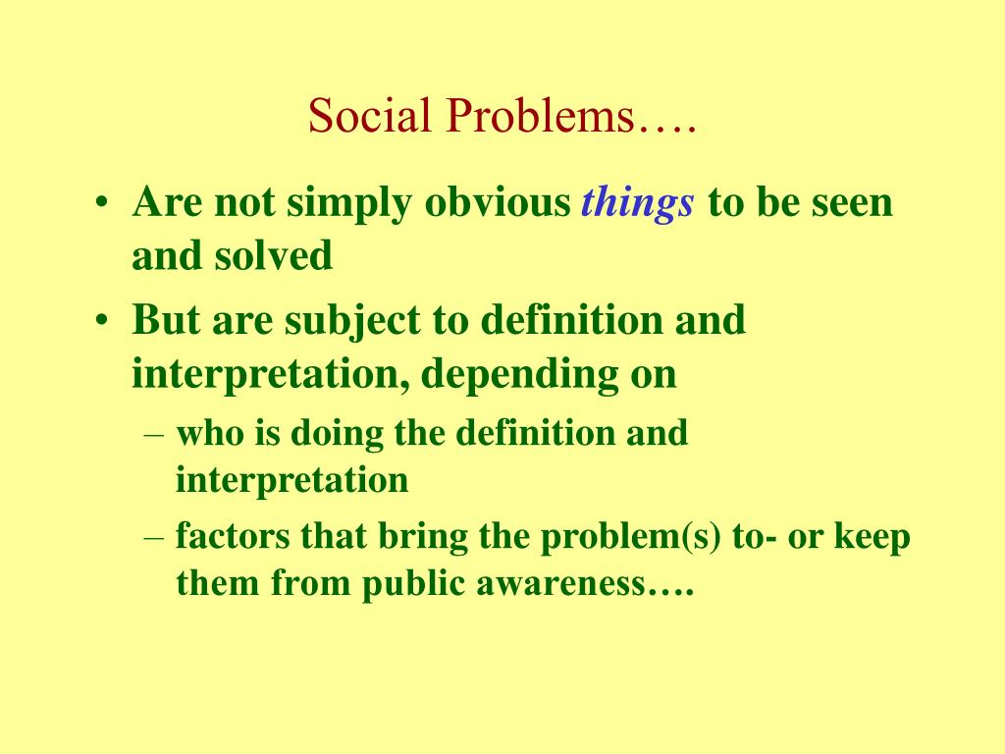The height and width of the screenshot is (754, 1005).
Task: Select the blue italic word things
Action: point(637,204)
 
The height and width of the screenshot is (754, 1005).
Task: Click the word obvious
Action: point(498,202)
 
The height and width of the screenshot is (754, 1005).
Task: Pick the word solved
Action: point(274,255)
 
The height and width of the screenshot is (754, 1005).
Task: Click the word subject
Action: point(352,322)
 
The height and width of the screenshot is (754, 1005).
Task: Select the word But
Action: point(165,319)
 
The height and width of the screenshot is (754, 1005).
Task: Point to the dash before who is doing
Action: point(154,435)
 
